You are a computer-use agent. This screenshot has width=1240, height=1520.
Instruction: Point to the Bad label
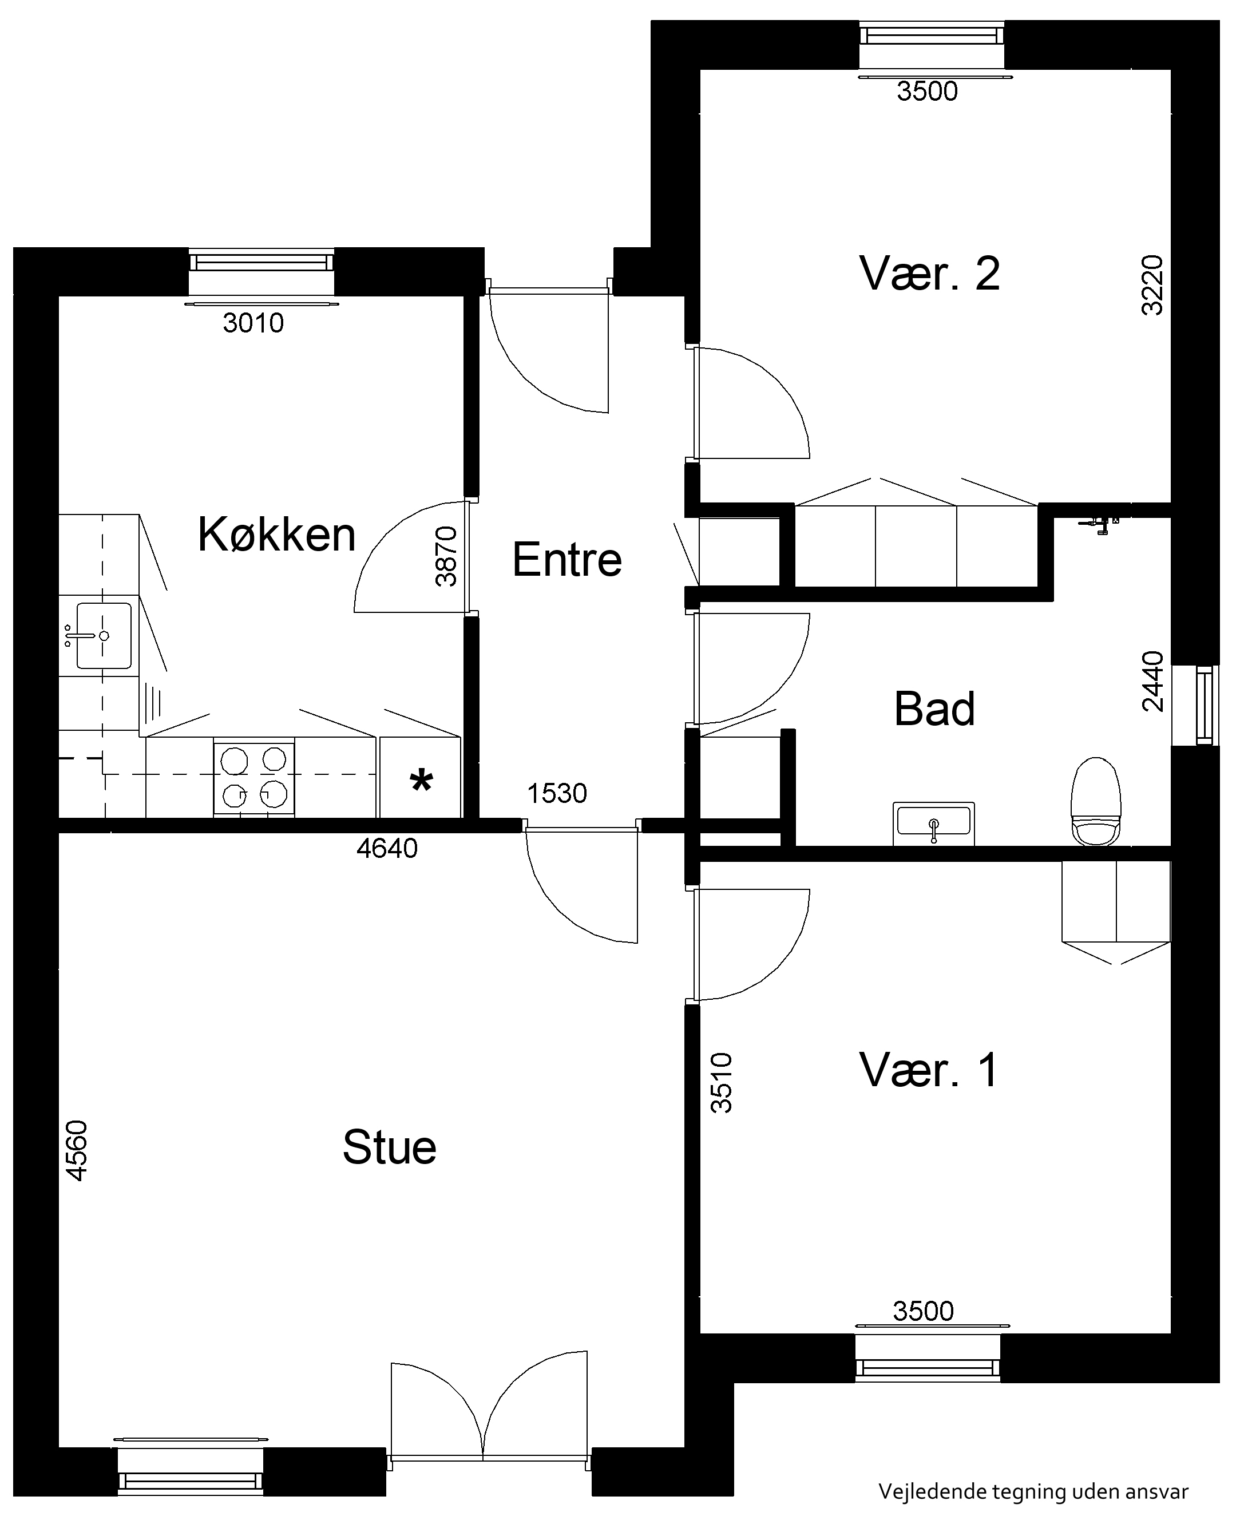click(x=934, y=709)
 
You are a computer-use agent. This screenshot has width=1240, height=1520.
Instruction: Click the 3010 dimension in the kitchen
click(x=253, y=323)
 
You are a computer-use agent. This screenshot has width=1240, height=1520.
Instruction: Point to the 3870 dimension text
click(x=446, y=556)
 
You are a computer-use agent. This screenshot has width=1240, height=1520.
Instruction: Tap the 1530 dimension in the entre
click(x=557, y=794)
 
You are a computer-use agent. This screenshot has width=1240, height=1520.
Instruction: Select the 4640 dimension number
click(x=387, y=849)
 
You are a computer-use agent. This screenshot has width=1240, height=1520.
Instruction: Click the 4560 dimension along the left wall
click(x=77, y=1151)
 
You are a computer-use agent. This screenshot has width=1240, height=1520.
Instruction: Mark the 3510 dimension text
click(x=722, y=1083)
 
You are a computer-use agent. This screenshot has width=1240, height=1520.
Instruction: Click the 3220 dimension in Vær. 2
click(x=1152, y=286)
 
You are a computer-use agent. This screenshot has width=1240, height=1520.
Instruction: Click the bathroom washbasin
click(x=933, y=823)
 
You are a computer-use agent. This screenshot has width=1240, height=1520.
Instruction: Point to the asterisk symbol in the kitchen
click(x=421, y=781)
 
